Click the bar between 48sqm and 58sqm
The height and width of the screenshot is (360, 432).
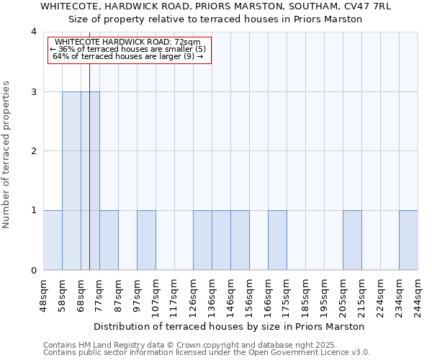[53, 240]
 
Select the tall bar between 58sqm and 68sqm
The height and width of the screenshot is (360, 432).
[71, 181]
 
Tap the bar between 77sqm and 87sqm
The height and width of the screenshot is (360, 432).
[109, 240]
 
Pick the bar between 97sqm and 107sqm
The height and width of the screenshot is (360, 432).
[146, 240]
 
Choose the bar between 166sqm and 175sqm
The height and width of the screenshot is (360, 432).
[277, 240]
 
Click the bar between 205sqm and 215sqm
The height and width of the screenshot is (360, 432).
[352, 240]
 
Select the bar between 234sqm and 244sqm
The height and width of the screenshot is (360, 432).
[408, 240]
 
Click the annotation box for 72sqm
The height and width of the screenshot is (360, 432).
[130, 50]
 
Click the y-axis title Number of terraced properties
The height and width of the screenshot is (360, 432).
[7, 154]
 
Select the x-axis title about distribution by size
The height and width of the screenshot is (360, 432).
[230, 326]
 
